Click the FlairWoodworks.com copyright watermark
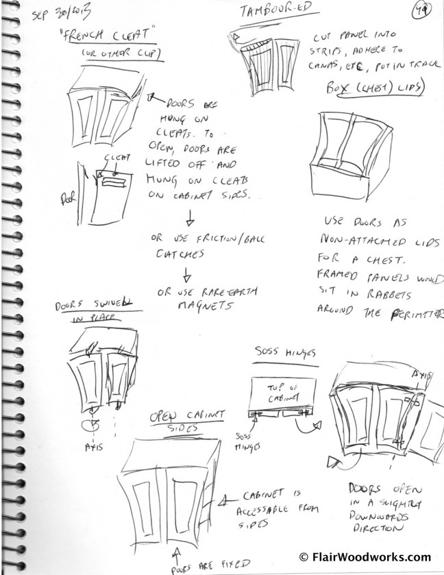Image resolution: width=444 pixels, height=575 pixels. click(365, 556)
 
